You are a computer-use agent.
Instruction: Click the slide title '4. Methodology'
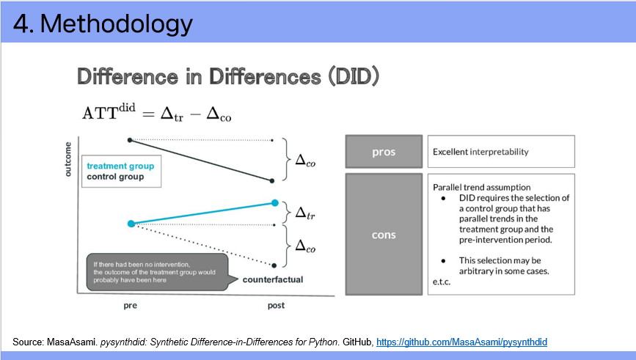click(103, 23)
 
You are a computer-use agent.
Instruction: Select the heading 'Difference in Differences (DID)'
click(228, 77)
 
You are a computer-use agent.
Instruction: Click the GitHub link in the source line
click(461, 342)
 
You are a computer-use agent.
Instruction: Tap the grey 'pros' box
click(384, 152)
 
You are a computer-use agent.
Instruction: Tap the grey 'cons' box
click(384, 235)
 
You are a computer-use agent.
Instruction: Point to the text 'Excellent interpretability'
click(480, 152)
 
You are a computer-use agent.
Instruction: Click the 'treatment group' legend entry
click(120, 166)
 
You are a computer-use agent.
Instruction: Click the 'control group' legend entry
click(115, 177)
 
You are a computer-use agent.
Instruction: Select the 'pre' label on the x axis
click(130, 306)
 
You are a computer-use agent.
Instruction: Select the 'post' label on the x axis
click(276, 305)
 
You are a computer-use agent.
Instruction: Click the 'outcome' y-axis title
click(67, 159)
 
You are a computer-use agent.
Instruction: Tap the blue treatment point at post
click(275, 202)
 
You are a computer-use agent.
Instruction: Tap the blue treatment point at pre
click(131, 224)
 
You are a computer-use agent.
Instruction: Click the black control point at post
click(271, 181)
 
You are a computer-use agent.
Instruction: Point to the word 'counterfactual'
click(273, 280)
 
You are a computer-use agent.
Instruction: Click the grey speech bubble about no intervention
click(158, 272)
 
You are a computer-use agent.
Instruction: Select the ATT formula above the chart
click(156, 113)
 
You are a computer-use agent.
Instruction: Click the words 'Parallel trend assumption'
click(481, 187)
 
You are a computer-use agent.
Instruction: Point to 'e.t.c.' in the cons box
click(442, 282)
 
